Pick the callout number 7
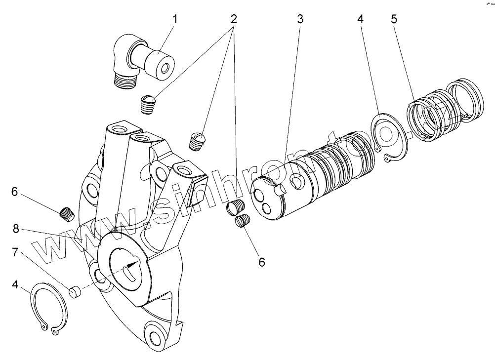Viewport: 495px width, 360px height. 15,253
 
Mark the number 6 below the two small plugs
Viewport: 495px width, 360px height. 261,261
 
